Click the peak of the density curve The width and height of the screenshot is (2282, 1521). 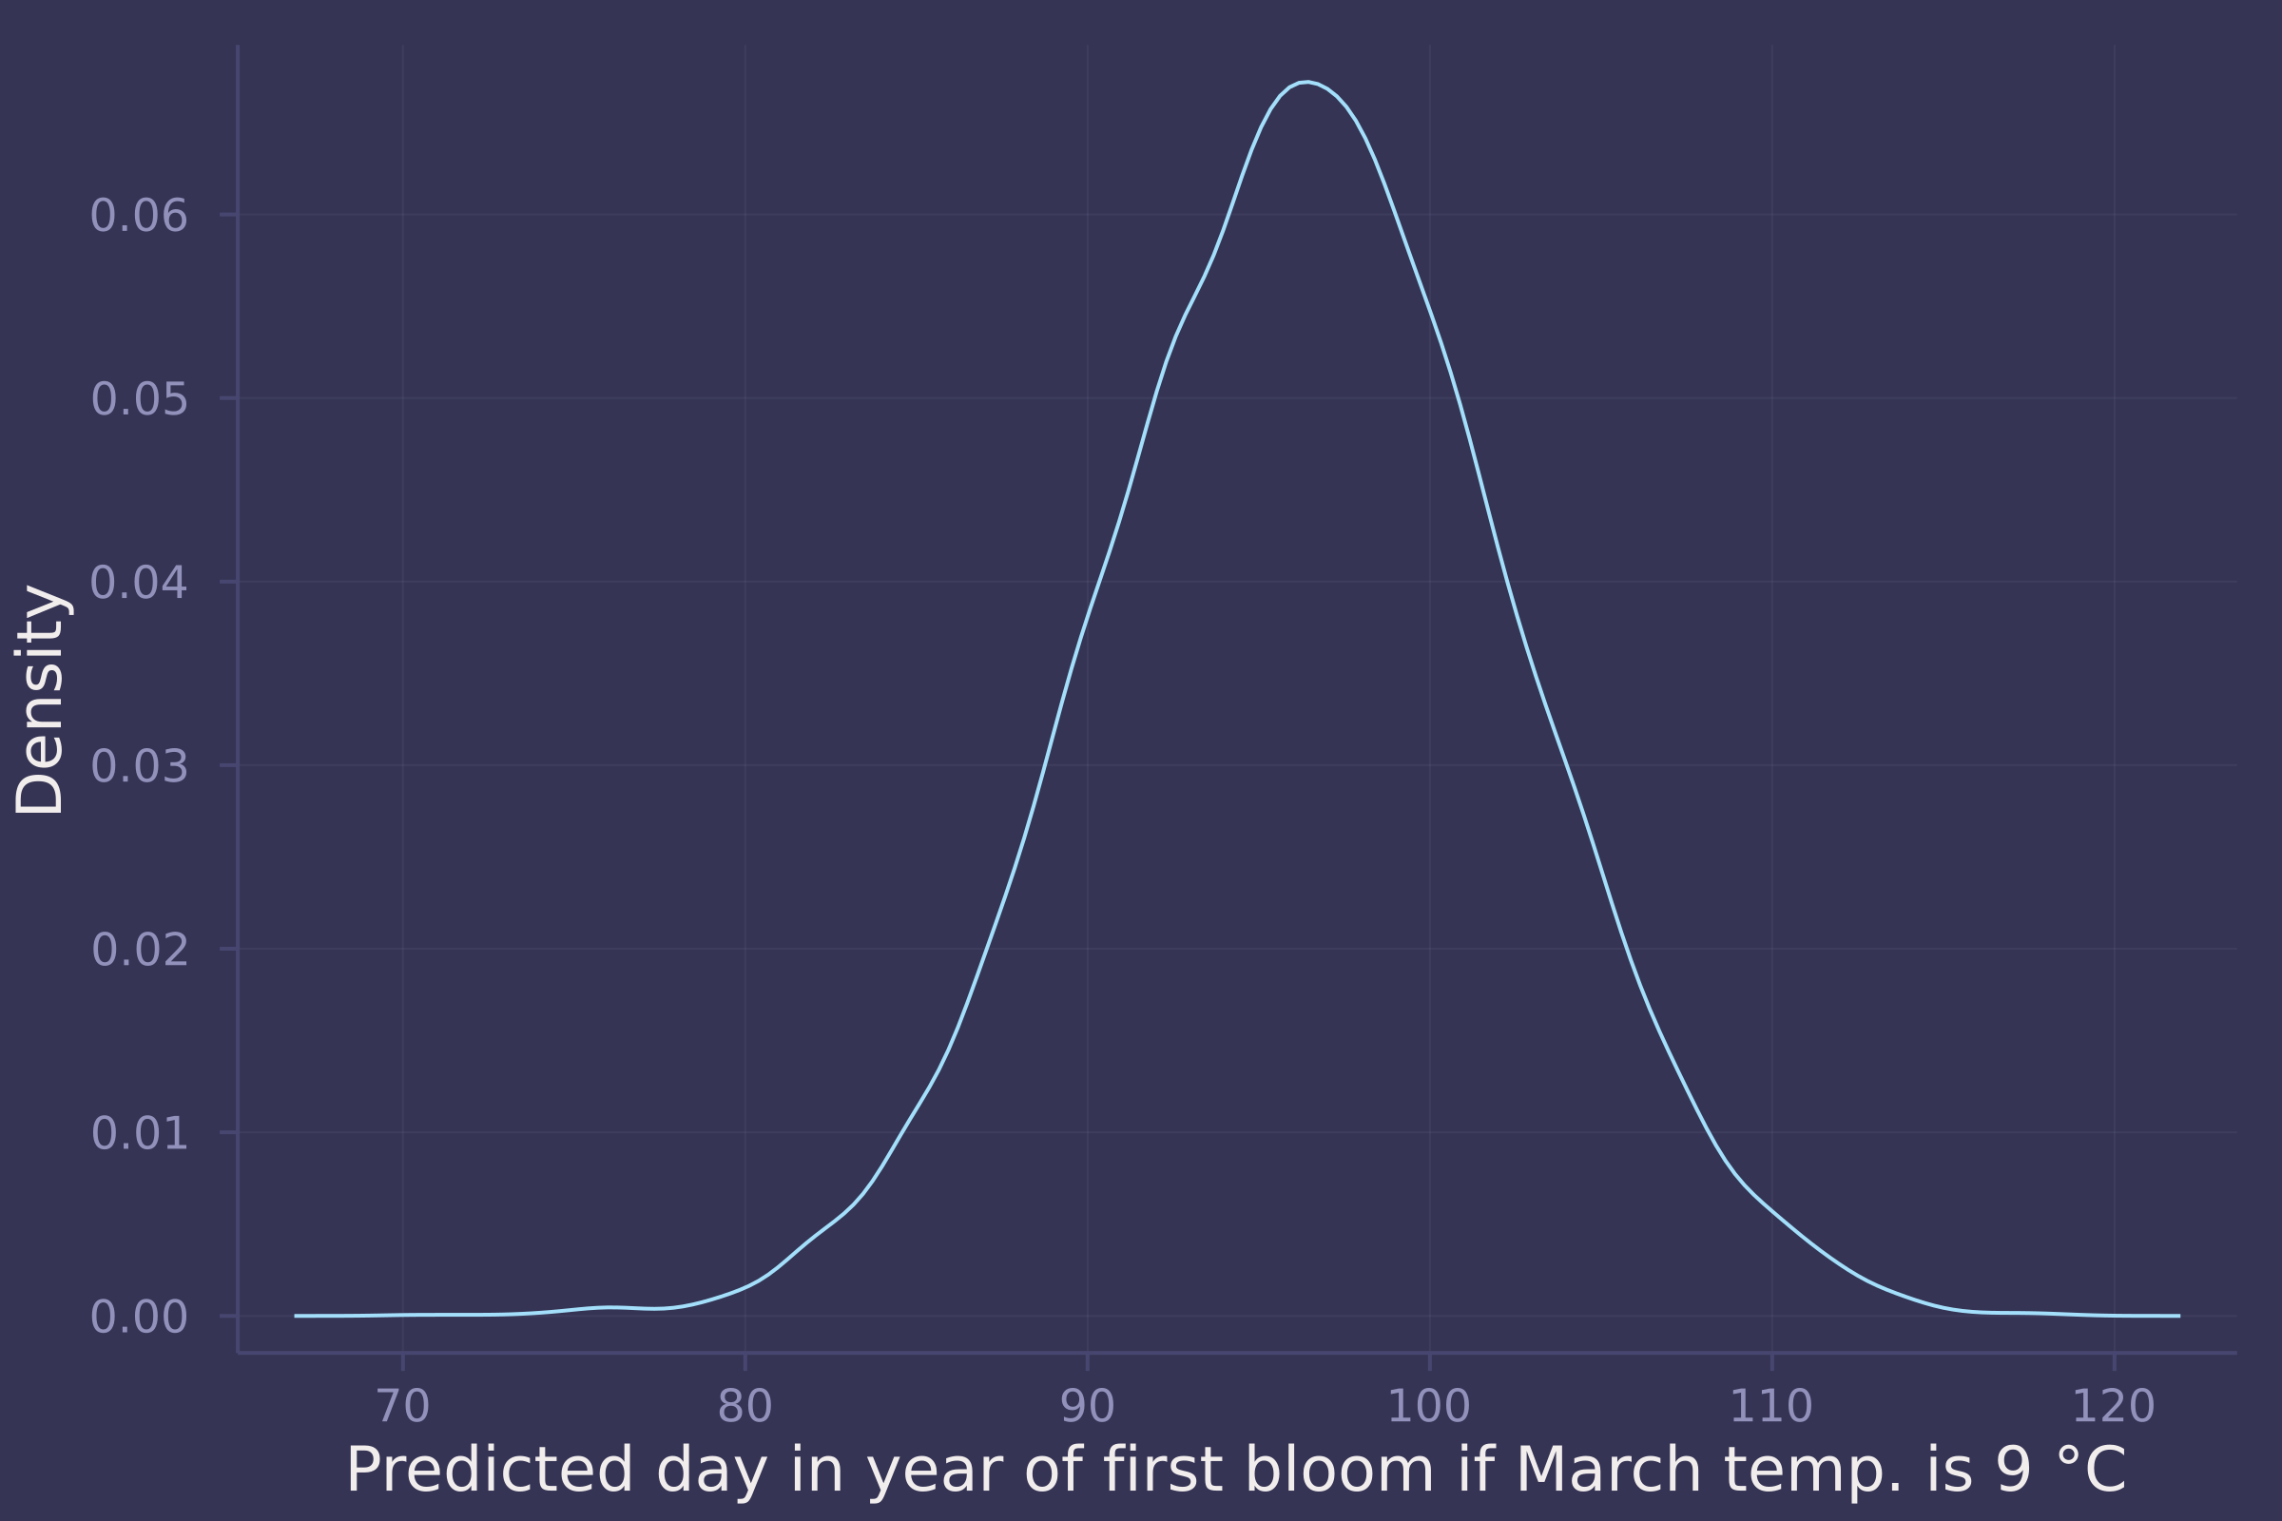[1306, 83]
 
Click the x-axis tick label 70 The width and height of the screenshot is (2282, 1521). [402, 1407]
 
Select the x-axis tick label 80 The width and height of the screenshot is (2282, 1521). [745, 1407]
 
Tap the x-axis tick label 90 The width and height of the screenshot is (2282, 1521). [1088, 1407]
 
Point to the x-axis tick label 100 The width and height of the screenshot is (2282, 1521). [1429, 1407]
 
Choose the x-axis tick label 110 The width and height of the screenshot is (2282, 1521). [1771, 1407]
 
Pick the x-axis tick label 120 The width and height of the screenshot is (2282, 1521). [2114, 1407]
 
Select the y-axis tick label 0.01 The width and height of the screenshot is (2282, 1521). [139, 1134]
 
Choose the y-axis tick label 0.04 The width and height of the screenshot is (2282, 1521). [139, 583]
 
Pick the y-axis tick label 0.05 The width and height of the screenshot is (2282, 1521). [139, 399]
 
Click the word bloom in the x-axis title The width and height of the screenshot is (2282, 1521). [1338, 1470]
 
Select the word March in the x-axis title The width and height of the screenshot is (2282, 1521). [1609, 1470]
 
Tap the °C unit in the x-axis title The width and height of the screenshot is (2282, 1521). [2086, 1470]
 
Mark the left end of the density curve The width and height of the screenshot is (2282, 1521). [295, 1317]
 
